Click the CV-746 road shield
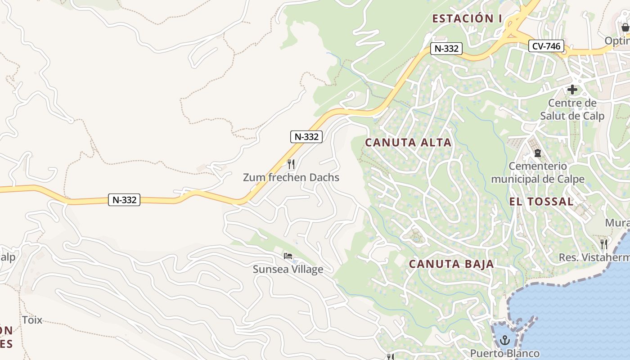coord(546,46)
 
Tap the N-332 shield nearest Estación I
coord(446,49)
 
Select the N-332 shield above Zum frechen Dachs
coord(306,137)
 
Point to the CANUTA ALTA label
coord(408,143)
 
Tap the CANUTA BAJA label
coord(451,264)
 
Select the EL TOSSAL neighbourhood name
coord(541,202)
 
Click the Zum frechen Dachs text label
coord(291,178)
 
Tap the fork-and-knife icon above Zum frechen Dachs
coord(291,164)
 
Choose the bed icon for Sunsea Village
coord(288,256)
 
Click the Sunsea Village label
coord(288,270)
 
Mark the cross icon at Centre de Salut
coord(572,90)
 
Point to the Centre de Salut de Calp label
coord(572,109)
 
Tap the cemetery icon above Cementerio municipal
coord(538,153)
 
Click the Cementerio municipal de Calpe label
coord(538,173)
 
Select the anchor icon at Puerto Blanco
coord(504,340)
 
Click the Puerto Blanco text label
coord(504,353)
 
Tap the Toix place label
coord(32,320)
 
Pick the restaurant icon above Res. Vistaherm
coord(604,244)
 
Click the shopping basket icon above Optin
coord(625,27)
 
